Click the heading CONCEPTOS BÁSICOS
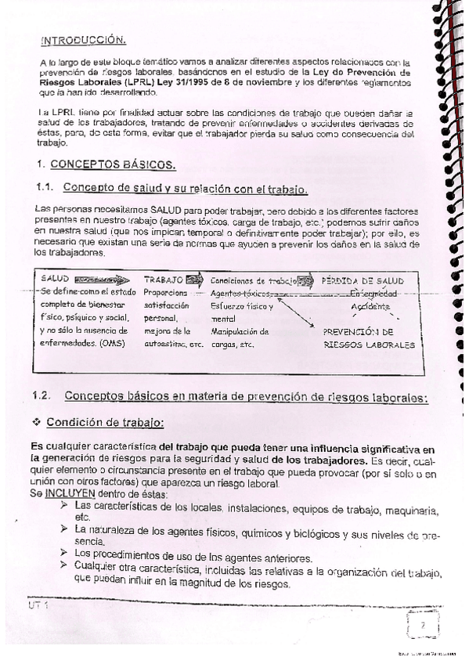pyautogui.click(x=113, y=165)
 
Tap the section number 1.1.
pyautogui.click(x=49, y=189)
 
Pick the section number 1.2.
pyautogui.click(x=48, y=397)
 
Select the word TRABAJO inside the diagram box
pyautogui.click(x=163, y=280)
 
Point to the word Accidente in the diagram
pyautogui.click(x=369, y=306)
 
